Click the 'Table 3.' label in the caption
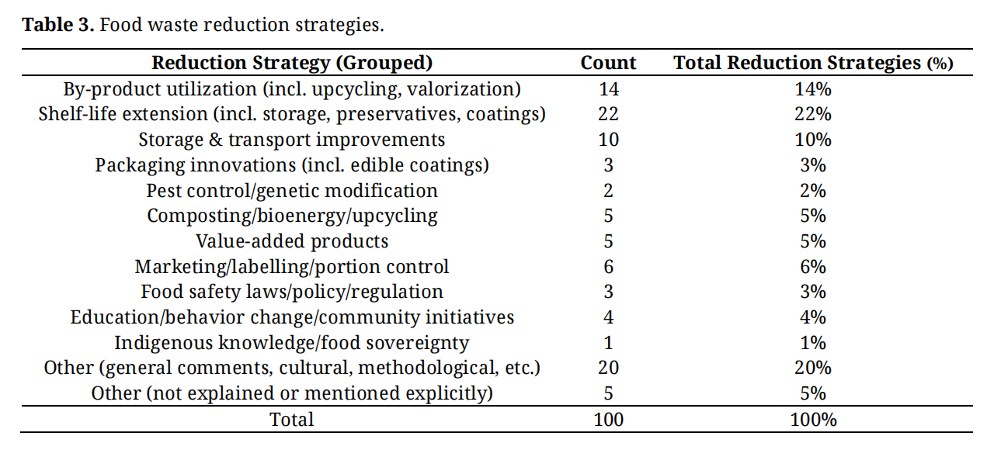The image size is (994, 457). (58, 25)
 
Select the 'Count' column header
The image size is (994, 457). (608, 63)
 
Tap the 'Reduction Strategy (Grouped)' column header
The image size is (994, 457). (292, 63)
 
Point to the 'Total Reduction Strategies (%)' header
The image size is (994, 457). (813, 63)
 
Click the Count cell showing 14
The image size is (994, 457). (608, 89)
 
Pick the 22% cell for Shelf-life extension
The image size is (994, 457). (813, 114)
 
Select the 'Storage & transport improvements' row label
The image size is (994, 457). (291, 140)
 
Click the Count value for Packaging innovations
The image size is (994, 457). (608, 165)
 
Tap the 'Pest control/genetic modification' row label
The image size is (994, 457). (292, 191)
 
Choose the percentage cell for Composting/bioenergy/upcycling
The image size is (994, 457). (813, 216)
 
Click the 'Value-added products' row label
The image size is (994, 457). (292, 241)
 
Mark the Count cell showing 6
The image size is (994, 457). (608, 267)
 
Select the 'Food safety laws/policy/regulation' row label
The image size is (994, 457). (292, 292)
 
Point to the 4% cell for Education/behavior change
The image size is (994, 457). (813, 317)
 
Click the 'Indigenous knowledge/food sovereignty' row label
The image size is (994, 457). (291, 343)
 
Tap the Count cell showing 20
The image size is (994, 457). (608, 368)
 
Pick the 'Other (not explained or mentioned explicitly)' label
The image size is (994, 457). (292, 393)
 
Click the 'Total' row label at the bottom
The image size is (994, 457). (292, 419)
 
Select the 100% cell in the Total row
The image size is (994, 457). (813, 420)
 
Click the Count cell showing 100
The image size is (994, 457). (608, 420)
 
